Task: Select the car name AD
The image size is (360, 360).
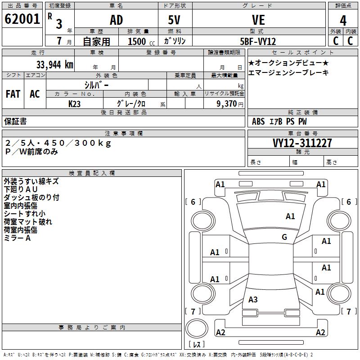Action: pyautogui.click(x=116, y=20)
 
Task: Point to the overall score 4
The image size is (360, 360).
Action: pyautogui.click(x=343, y=21)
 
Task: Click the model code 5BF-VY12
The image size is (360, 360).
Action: pyautogui.click(x=258, y=41)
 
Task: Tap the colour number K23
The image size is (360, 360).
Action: pyautogui.click(x=75, y=103)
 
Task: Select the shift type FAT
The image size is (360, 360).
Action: pyautogui.click(x=13, y=94)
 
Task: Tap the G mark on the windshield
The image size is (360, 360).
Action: pyautogui.click(x=284, y=237)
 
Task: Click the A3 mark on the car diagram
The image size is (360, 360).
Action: pyautogui.click(x=253, y=299)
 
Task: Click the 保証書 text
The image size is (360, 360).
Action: pyautogui.click(x=15, y=121)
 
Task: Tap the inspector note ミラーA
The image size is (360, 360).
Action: pyautogui.click(x=17, y=238)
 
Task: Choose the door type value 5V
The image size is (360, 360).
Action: pyautogui.click(x=175, y=20)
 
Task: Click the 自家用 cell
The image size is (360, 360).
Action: pyautogui.click(x=96, y=41)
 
